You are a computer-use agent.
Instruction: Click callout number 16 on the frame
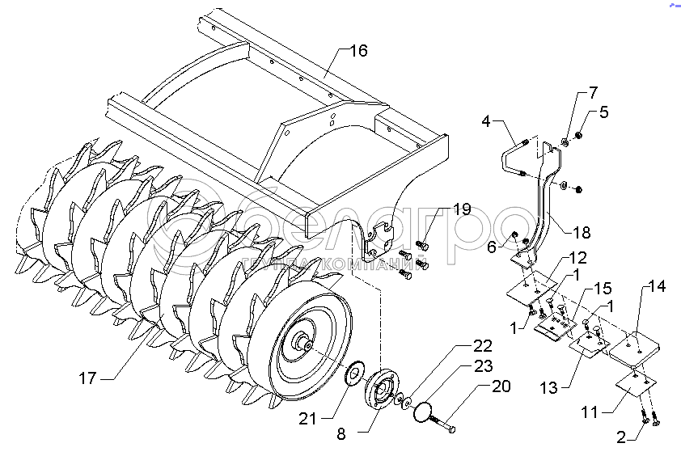[x=358, y=51]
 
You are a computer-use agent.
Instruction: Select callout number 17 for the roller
[x=89, y=378]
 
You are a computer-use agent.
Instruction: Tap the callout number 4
[x=486, y=123]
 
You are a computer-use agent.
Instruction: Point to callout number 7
[x=593, y=91]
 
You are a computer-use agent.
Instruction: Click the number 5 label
[x=603, y=112]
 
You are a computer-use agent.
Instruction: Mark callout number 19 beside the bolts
[x=461, y=209]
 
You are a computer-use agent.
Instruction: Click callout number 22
[x=483, y=345]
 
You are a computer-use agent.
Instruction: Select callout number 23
[x=483, y=365]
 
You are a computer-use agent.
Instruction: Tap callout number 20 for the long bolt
[x=501, y=386]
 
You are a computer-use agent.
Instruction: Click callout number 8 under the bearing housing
[x=341, y=433]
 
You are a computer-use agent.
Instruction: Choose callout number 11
[x=590, y=412]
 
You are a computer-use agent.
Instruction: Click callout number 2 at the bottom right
[x=621, y=439]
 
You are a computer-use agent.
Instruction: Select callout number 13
[x=550, y=388]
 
